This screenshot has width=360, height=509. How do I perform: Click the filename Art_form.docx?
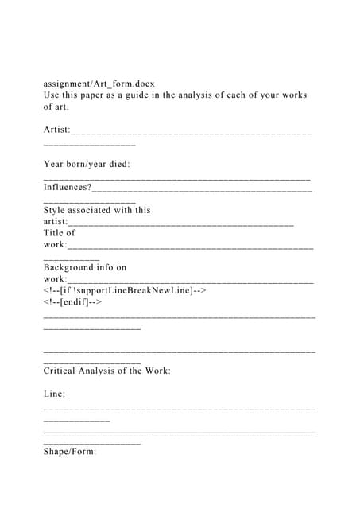point(124,82)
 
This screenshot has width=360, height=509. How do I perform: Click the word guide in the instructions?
point(154,95)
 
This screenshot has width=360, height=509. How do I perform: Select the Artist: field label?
point(56,129)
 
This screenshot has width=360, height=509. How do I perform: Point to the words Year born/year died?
point(87,164)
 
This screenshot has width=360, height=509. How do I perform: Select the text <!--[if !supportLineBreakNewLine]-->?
point(125,290)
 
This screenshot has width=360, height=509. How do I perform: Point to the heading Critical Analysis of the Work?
point(106,371)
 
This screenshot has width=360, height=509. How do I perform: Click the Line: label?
point(55,394)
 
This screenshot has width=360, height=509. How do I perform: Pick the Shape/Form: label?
point(70,451)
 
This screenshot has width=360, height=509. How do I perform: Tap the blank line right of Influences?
point(202,189)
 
